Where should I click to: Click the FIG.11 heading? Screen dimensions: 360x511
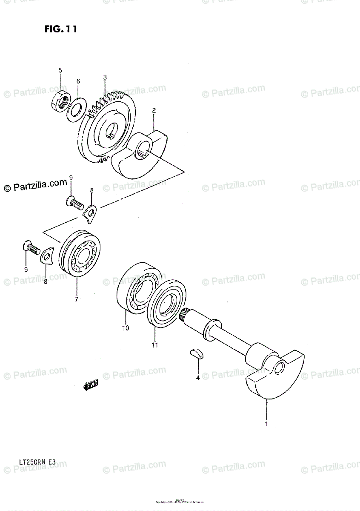[60, 29]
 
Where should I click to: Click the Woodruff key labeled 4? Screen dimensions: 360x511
[196, 353]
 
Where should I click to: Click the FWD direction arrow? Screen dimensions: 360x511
[91, 385]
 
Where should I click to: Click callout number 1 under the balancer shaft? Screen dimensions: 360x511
[267, 424]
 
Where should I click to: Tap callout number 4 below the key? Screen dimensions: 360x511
[197, 377]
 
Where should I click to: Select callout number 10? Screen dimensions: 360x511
[125, 328]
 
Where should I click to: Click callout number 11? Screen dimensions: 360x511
[154, 345]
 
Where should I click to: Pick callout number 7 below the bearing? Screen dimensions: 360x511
[76, 299]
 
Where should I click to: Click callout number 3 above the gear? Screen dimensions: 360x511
[105, 78]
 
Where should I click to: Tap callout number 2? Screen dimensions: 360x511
[154, 110]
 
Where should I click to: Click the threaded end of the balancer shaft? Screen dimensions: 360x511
[186, 316]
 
